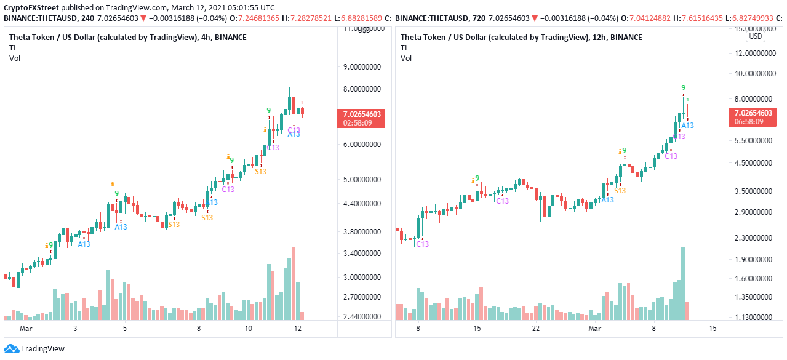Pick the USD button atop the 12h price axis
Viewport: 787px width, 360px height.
755,36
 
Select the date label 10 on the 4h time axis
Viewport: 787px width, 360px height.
248,329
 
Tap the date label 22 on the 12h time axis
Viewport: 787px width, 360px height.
536,329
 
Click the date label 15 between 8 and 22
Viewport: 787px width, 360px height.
477,329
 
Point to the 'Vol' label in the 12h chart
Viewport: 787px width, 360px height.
405,58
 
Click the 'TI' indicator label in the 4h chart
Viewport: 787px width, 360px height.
12,48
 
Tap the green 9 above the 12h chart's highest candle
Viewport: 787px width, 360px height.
683,88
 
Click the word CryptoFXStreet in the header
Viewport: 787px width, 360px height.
33,8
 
